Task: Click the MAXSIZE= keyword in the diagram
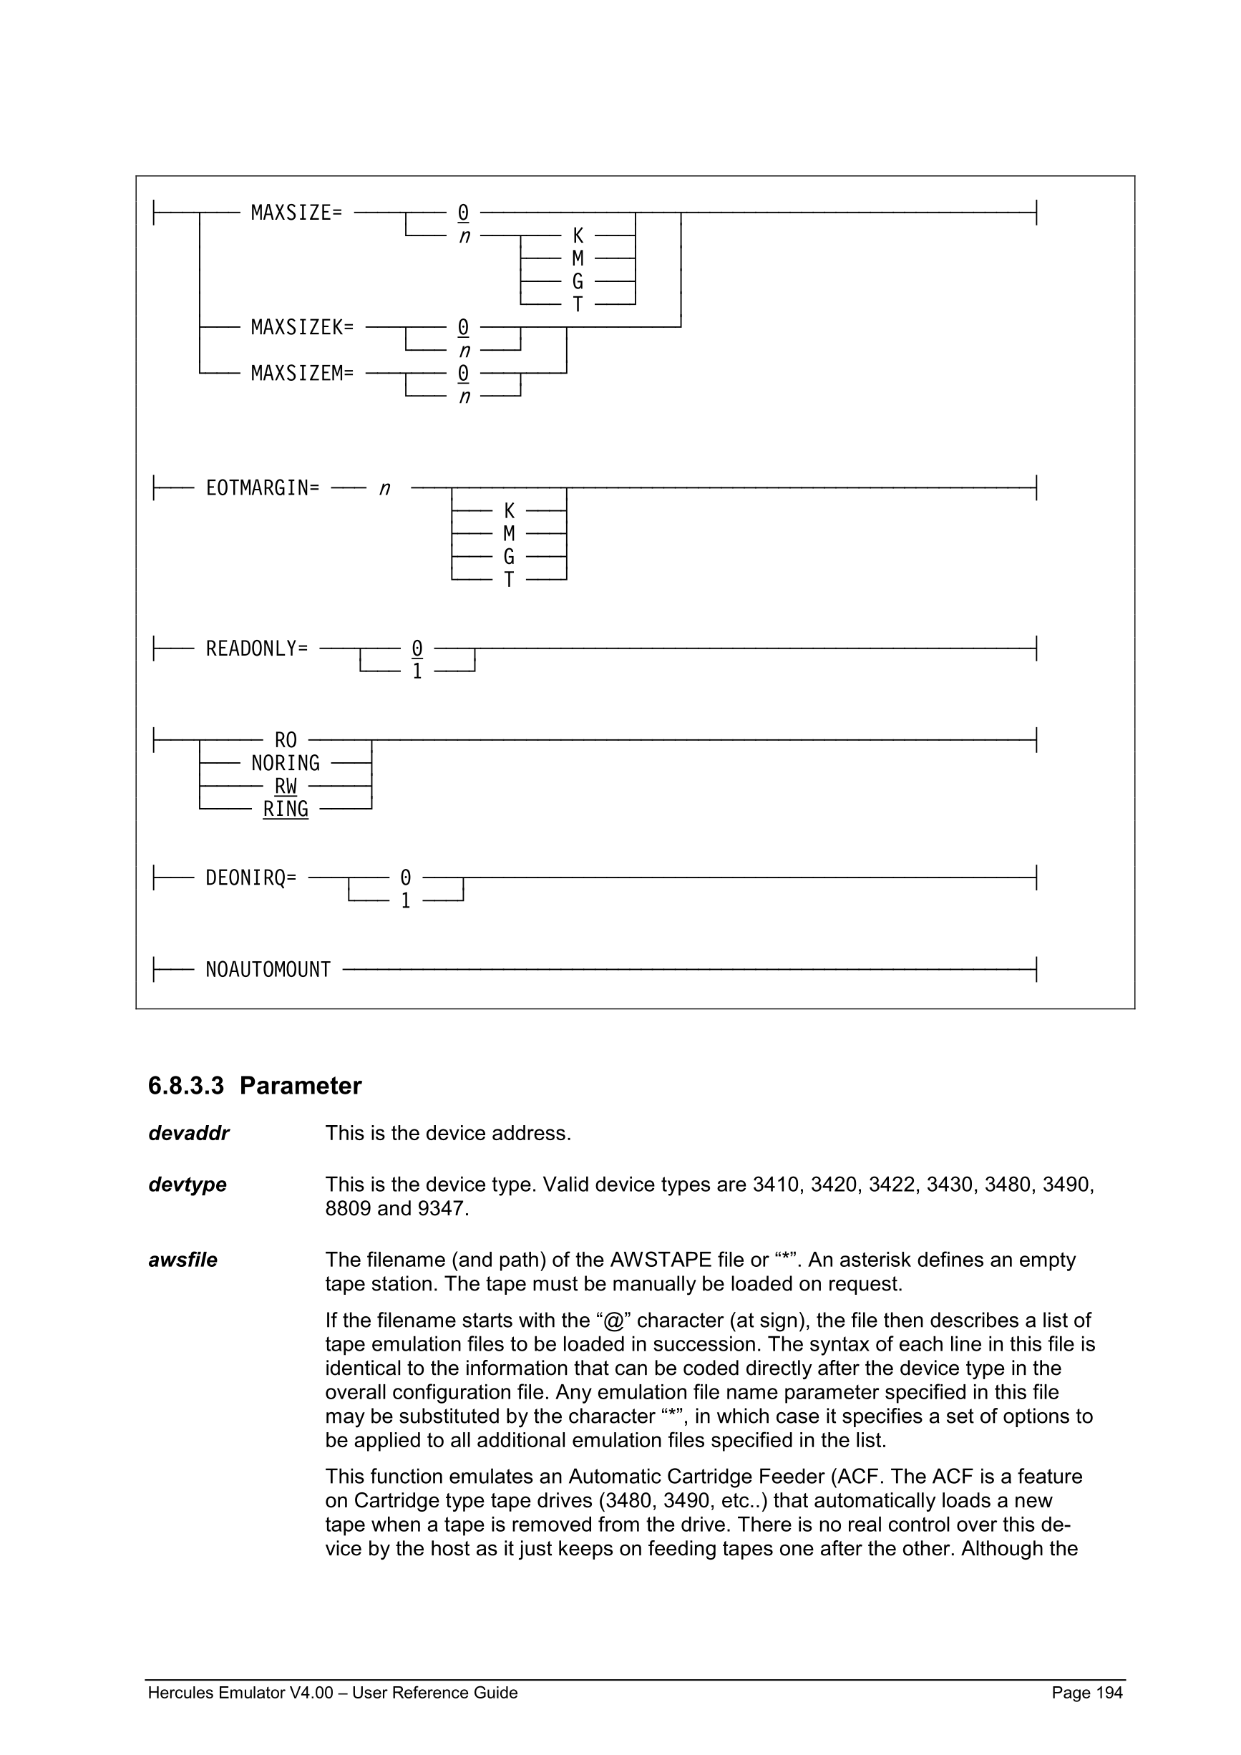tap(296, 213)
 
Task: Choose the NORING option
tap(285, 763)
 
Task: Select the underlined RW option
tap(285, 786)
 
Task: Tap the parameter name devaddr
tap(189, 1133)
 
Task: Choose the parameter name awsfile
tap(182, 1260)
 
